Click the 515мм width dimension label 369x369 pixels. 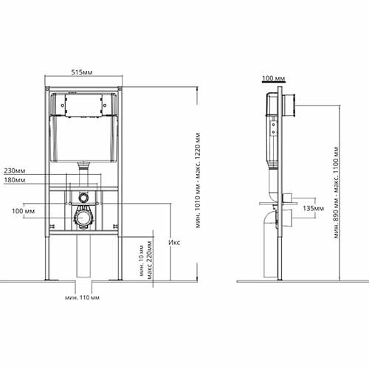[x=82, y=72]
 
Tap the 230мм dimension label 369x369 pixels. [x=15, y=170]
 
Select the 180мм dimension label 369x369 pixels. [x=15, y=180]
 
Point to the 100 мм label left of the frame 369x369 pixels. [x=24, y=211]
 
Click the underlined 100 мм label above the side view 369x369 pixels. [x=274, y=78]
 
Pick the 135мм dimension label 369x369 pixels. [x=314, y=208]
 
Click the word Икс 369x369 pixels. [x=174, y=242]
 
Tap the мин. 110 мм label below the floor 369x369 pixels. [x=82, y=297]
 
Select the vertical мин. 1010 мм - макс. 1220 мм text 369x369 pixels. [x=199, y=181]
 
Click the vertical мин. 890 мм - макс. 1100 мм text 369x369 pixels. [x=337, y=193]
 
